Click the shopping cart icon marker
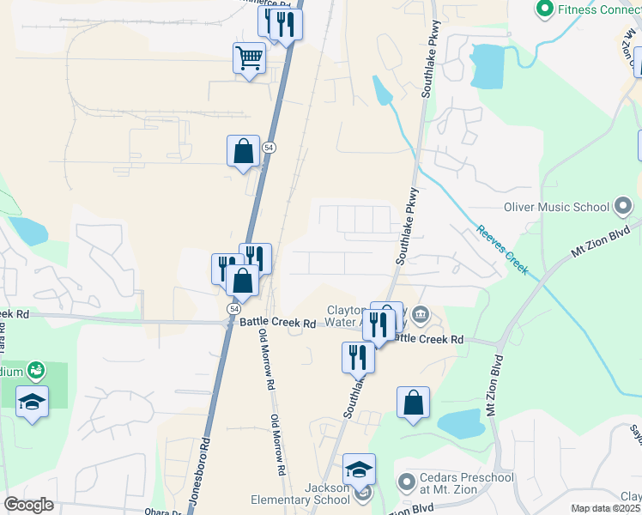[249, 59]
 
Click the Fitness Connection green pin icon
[543, 9]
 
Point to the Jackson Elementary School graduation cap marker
[360, 470]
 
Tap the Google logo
[28, 505]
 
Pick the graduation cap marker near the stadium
[32, 402]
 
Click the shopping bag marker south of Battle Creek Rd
[413, 403]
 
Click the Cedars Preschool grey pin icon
[406, 479]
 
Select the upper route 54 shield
[270, 148]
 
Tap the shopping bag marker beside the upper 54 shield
[244, 151]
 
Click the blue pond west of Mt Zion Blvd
[462, 422]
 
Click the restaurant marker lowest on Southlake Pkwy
[358, 357]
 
